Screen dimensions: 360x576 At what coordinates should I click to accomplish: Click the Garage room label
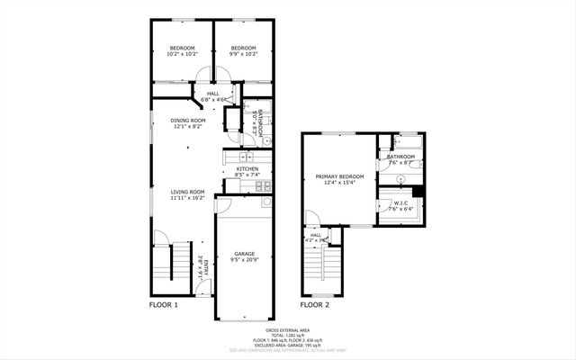click(243, 254)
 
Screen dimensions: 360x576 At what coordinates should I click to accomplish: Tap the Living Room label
click(189, 191)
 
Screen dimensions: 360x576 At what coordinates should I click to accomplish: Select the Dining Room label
click(189, 121)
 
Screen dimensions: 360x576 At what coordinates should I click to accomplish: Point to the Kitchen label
click(247, 168)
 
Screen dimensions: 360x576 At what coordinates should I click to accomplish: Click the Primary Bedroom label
click(339, 176)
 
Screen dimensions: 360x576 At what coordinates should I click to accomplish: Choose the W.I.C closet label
click(401, 203)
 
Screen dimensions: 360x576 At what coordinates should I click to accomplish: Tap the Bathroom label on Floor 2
click(400, 157)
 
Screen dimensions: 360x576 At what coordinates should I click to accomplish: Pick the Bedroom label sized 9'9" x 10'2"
click(243, 48)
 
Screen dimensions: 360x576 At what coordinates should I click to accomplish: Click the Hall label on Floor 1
click(212, 93)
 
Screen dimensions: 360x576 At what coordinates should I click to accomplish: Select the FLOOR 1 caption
click(164, 305)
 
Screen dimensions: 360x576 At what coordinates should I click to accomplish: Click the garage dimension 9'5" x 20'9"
click(243, 261)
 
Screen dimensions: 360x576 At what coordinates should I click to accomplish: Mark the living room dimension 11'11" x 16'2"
click(189, 198)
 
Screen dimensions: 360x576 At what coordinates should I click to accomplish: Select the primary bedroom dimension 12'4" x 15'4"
click(339, 183)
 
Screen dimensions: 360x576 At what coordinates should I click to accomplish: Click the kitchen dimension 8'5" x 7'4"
click(247, 175)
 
